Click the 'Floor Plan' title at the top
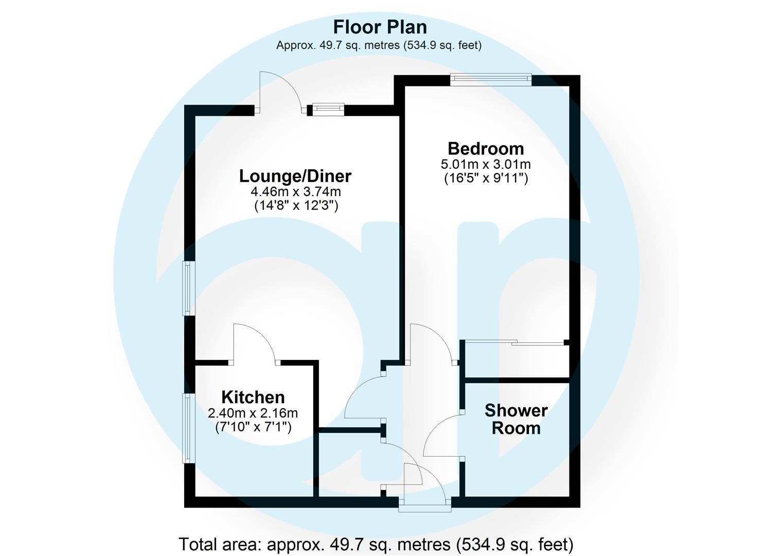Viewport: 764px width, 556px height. point(380,27)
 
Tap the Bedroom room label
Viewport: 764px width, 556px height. point(486,148)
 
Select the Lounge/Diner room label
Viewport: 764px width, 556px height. point(295,176)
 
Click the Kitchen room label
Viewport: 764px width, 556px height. point(253,397)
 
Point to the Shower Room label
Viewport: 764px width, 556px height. point(516,419)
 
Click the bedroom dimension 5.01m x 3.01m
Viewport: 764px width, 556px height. point(486,165)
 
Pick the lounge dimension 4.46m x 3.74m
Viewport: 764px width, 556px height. point(295,192)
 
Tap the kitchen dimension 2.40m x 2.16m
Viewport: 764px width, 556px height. point(253,413)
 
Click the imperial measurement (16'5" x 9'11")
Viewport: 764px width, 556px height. point(486,179)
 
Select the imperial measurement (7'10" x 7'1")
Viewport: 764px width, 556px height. point(253,427)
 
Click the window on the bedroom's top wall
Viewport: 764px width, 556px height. point(490,78)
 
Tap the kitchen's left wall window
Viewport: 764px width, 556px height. point(189,428)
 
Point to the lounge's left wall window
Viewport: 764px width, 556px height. point(189,288)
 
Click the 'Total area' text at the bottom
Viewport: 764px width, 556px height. point(376,544)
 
